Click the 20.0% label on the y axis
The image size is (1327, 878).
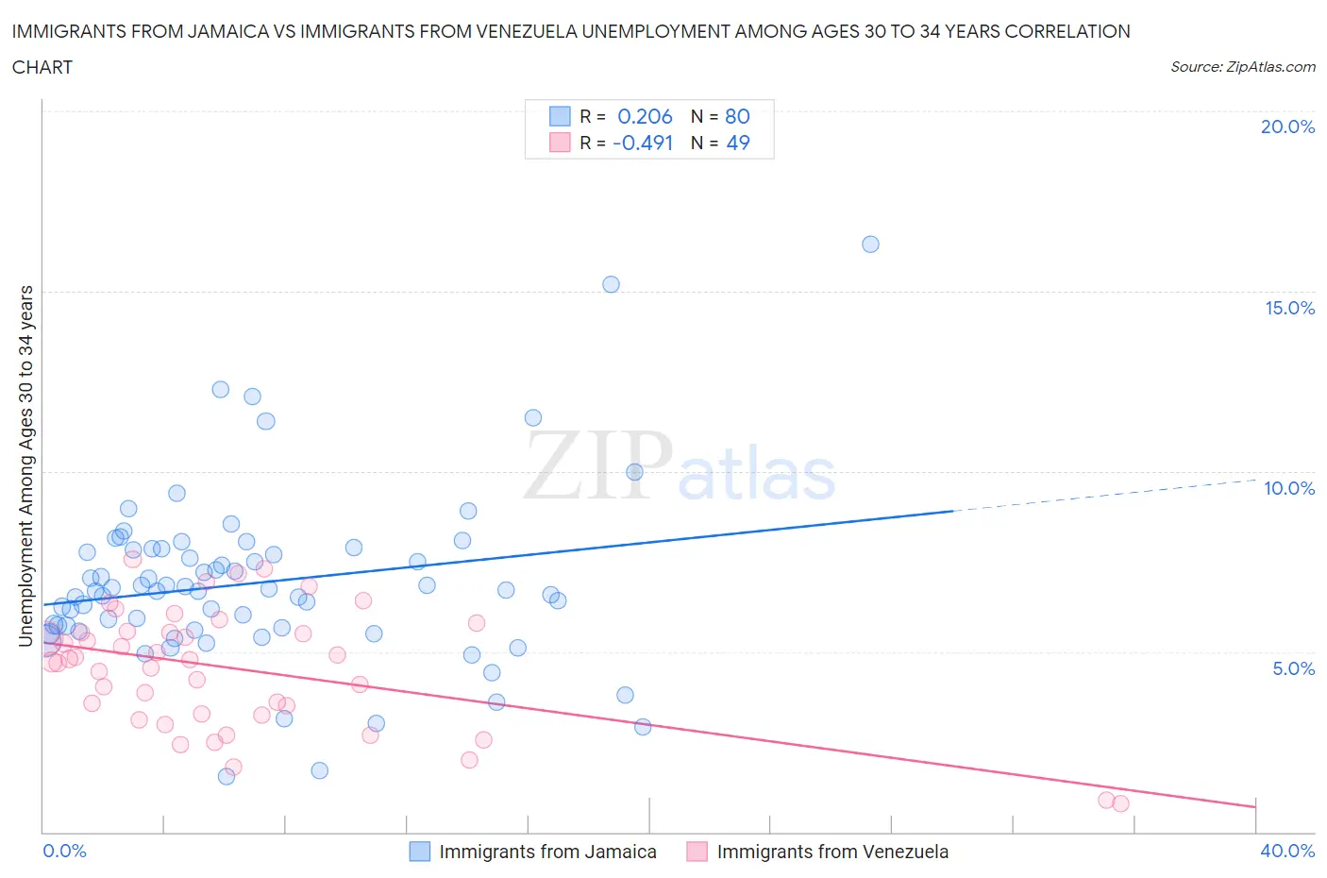click(x=1287, y=127)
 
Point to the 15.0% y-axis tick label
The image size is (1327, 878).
click(x=1289, y=308)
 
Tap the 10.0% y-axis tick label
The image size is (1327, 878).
click(x=1289, y=488)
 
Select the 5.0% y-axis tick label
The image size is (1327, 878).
click(x=1293, y=668)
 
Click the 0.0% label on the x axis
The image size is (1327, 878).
click(x=64, y=851)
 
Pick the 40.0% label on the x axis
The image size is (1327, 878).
click(x=1287, y=851)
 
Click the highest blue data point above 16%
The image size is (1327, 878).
click(x=870, y=245)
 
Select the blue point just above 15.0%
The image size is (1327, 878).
click(x=611, y=284)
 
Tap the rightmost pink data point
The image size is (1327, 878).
click(x=1120, y=803)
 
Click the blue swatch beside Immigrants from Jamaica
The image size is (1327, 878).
click(x=419, y=852)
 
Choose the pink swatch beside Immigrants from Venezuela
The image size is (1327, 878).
click(x=697, y=852)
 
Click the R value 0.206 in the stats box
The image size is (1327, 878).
click(x=645, y=116)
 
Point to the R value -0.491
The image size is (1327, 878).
click(x=643, y=143)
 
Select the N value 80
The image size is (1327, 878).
click(x=737, y=116)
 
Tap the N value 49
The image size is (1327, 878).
click(x=737, y=143)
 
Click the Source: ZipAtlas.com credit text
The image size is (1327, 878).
click(x=1242, y=66)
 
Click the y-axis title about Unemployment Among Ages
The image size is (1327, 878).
click(x=25, y=465)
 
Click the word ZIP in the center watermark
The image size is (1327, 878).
click(x=598, y=465)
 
